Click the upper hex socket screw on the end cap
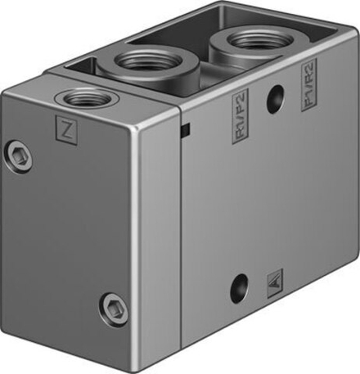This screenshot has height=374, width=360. pos(20,155)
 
